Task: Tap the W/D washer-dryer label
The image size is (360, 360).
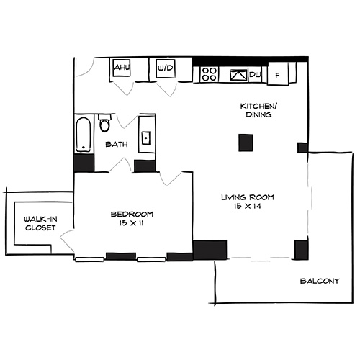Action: coord(163,70)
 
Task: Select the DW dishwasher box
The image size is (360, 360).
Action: coord(254,75)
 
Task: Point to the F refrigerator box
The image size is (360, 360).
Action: coord(277,75)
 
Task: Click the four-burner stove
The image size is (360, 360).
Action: coord(210,73)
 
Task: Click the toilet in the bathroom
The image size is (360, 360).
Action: coord(105,125)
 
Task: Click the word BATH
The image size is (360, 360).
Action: coord(117,145)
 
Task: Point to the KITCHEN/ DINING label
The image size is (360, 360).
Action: coord(256,110)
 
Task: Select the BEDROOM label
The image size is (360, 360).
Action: coord(132,214)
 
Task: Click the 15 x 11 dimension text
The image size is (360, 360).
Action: coord(132,224)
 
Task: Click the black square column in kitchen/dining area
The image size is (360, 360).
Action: coord(247,143)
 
